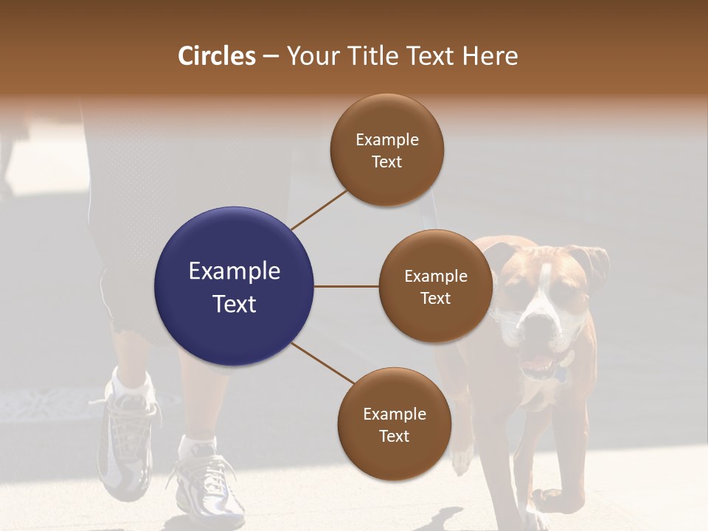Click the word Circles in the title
tap(217, 56)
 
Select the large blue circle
tap(234, 286)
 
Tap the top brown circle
tap(386, 150)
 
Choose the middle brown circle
tap(435, 286)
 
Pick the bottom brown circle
tap(394, 424)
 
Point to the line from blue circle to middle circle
tap(346, 286)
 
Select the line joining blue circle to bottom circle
tap(324, 364)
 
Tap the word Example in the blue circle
tap(234, 271)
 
